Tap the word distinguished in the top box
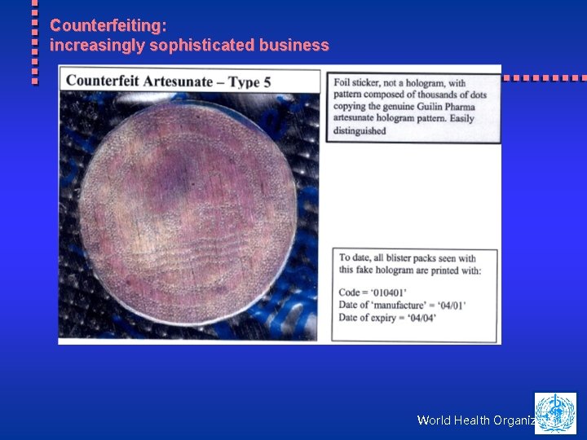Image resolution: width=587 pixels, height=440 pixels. (360, 130)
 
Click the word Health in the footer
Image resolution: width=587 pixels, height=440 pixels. (474, 420)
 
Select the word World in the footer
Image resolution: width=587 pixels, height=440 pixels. (435, 420)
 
